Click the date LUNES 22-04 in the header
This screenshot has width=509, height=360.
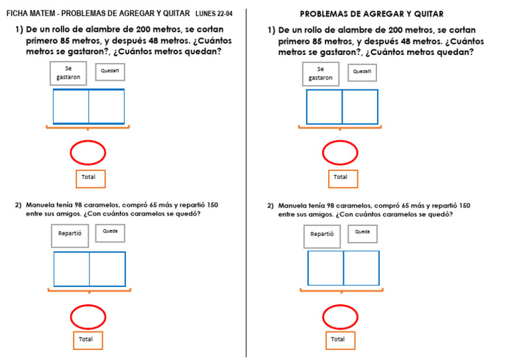pyautogui.click(x=213, y=13)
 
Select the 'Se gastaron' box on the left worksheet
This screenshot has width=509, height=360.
pyautogui.click(x=68, y=73)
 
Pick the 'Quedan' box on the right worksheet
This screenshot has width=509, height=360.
pyautogui.click(x=362, y=72)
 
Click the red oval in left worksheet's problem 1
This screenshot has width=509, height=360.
pyautogui.click(x=88, y=153)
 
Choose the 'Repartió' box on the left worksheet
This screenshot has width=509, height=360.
pyautogui.click(x=70, y=234)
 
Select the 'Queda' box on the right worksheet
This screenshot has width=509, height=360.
pyautogui.click(x=362, y=233)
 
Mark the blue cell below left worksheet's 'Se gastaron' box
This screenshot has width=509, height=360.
pyautogui.click(x=71, y=107)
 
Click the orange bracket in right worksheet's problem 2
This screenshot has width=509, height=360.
pyautogui.click(x=340, y=290)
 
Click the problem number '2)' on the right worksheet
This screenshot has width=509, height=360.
pyautogui.click(x=270, y=206)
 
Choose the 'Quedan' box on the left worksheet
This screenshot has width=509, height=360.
pyautogui.click(x=110, y=72)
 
